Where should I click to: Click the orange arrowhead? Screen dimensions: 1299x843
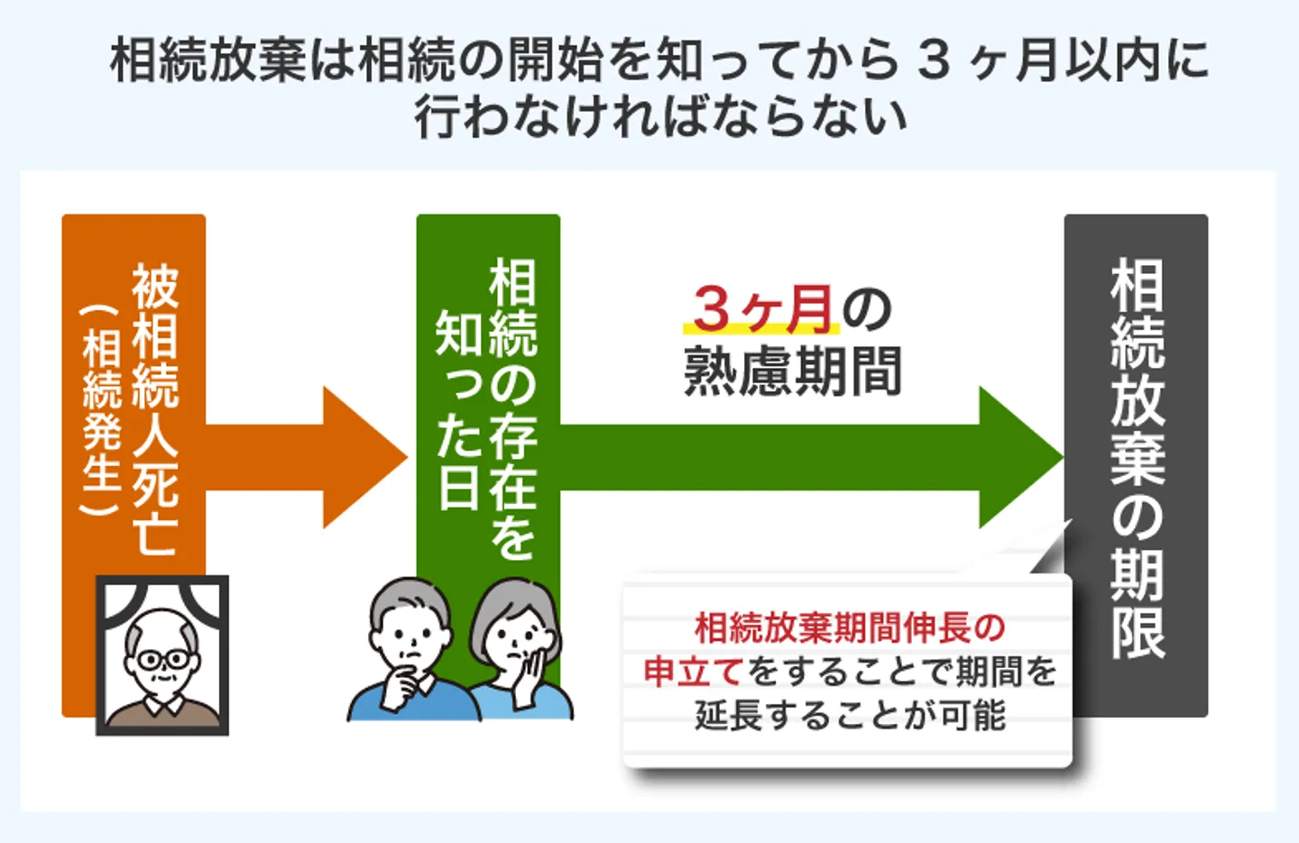(365, 457)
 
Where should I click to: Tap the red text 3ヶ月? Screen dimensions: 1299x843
(763, 309)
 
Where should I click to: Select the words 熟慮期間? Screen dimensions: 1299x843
(793, 371)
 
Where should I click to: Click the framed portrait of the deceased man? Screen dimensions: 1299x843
(162, 655)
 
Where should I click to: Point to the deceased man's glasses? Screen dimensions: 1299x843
(163, 660)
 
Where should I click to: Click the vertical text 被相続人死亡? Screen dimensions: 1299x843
(155, 409)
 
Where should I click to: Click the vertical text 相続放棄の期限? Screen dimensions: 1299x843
(1138, 458)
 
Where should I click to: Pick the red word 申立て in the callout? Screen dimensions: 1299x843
(695, 673)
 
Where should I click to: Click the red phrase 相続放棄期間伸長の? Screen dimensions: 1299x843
(850, 628)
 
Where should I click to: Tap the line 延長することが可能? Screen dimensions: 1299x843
(850, 716)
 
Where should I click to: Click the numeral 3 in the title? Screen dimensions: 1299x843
(935, 61)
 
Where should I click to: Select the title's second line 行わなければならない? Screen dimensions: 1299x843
(660, 117)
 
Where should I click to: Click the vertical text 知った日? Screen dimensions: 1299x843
(458, 409)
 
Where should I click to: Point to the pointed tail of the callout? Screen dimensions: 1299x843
(1071, 520)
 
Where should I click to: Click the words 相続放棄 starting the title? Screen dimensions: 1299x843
(207, 61)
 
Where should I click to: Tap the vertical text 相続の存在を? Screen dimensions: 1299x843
(512, 409)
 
